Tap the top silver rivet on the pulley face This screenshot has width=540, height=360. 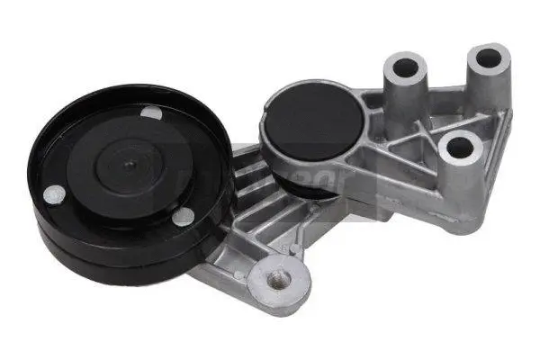(x=153, y=113)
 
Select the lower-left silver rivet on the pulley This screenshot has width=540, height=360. (x=56, y=193)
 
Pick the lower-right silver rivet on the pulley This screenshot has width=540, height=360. (x=183, y=215)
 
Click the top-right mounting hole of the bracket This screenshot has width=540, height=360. (x=488, y=58)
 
